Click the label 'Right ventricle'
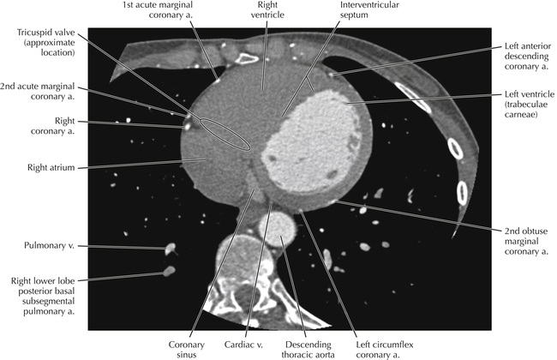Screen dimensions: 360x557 coord(265,13)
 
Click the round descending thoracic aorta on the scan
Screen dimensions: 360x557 coord(277,231)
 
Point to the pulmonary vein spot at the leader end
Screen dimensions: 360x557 coord(170,250)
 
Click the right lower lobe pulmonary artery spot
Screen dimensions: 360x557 coord(168,273)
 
